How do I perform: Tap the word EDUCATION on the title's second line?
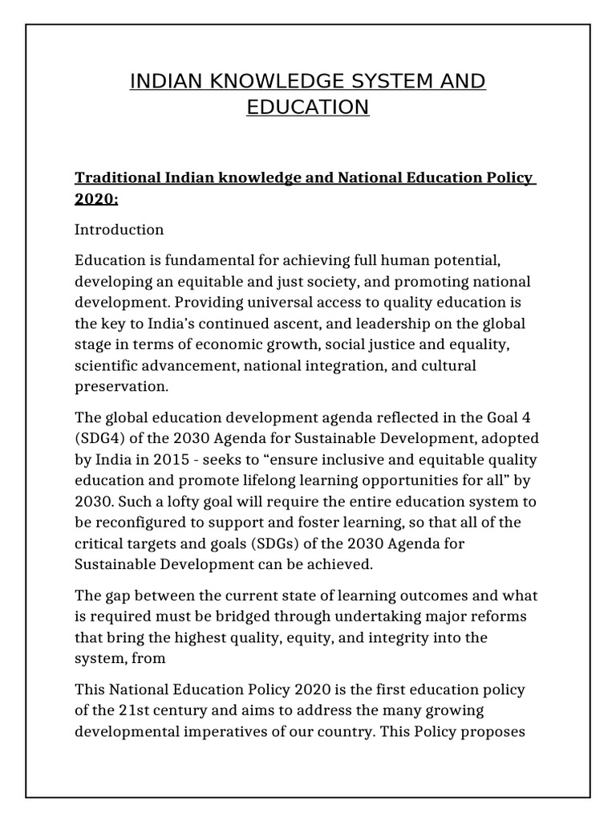[x=307, y=107]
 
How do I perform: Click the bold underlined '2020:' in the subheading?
[x=95, y=198]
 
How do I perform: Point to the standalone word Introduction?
[x=119, y=230]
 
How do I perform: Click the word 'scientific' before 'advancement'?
[x=105, y=366]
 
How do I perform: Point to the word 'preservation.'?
[x=121, y=387]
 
